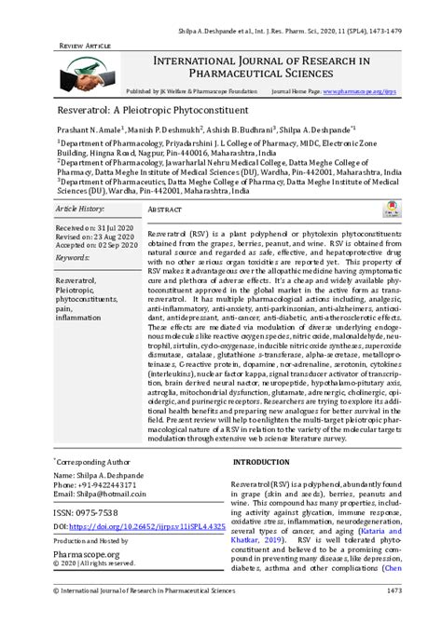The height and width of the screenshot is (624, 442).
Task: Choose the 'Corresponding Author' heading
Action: click(93, 460)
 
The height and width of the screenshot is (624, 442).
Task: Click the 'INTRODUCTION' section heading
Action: click(262, 462)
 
